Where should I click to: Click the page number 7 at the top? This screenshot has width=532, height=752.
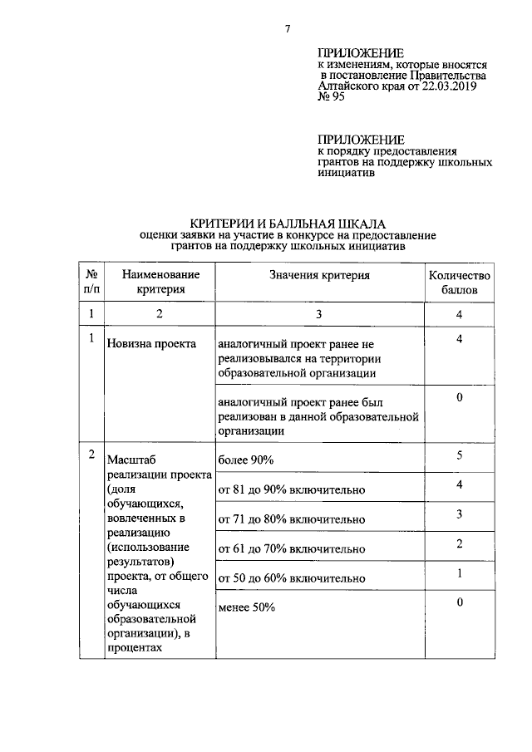pyautogui.click(x=287, y=30)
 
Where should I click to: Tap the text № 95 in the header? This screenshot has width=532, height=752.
pyautogui.click(x=332, y=96)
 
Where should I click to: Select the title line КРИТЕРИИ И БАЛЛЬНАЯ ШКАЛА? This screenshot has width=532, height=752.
pyautogui.click(x=287, y=224)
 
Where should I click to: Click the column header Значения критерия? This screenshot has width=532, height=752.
pyautogui.click(x=319, y=275)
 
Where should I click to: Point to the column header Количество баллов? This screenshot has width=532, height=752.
pyautogui.click(x=459, y=283)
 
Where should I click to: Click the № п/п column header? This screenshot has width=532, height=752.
pyautogui.click(x=90, y=283)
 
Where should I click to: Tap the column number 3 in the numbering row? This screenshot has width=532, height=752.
pyautogui.click(x=318, y=314)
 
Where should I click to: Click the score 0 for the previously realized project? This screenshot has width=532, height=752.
pyautogui.click(x=459, y=398)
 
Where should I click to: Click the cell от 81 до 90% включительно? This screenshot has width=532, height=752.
pyautogui.click(x=291, y=489)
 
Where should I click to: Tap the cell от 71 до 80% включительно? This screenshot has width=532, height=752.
pyautogui.click(x=291, y=519)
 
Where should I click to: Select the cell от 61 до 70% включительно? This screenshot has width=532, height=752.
pyautogui.click(x=291, y=548)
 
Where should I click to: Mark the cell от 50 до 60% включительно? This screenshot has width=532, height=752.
pyautogui.click(x=291, y=578)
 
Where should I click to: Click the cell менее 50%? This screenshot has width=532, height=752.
pyautogui.click(x=246, y=607)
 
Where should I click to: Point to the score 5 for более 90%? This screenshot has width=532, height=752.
pyautogui.click(x=459, y=455)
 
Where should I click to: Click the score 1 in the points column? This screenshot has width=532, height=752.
pyautogui.click(x=459, y=573)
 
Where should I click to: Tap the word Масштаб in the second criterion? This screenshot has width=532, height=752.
pyautogui.click(x=132, y=460)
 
